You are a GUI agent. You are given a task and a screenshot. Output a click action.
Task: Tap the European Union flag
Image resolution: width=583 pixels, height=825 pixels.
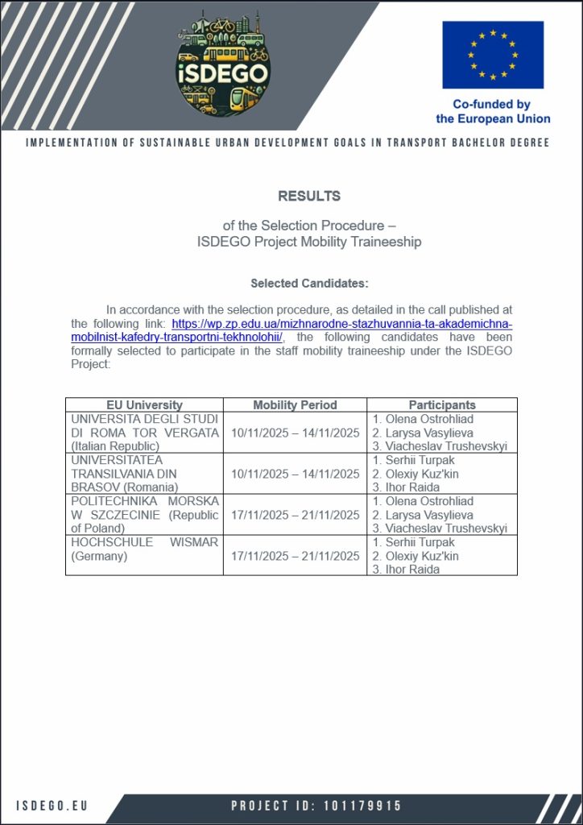coord(492,54)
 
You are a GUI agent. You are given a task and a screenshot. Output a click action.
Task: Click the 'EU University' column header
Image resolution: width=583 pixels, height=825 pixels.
coord(144,405)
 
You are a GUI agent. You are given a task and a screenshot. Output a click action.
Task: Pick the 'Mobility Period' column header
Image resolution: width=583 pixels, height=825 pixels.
coord(295,405)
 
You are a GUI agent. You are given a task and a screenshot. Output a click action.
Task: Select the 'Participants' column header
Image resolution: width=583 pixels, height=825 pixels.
coord(441,405)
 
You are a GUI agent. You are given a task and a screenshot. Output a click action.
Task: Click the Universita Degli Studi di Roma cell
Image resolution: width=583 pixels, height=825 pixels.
coord(144,433)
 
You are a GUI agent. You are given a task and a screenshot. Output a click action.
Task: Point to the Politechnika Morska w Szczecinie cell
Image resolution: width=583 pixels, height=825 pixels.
coord(144,515)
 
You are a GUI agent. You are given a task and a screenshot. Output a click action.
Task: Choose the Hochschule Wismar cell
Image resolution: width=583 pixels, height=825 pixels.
coord(144,549)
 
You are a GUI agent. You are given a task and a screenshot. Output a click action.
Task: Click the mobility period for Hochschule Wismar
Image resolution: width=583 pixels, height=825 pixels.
coord(295,556)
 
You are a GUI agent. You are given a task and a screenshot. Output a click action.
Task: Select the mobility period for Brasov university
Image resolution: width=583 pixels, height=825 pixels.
coord(295,474)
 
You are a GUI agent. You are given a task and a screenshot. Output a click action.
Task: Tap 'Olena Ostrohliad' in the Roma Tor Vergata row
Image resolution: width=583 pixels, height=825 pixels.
coord(423,419)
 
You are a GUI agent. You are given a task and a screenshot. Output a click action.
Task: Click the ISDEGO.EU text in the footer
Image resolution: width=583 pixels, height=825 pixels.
coord(52,806)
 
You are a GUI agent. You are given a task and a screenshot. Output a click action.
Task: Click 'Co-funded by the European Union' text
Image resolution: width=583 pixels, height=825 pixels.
coord(493,111)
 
